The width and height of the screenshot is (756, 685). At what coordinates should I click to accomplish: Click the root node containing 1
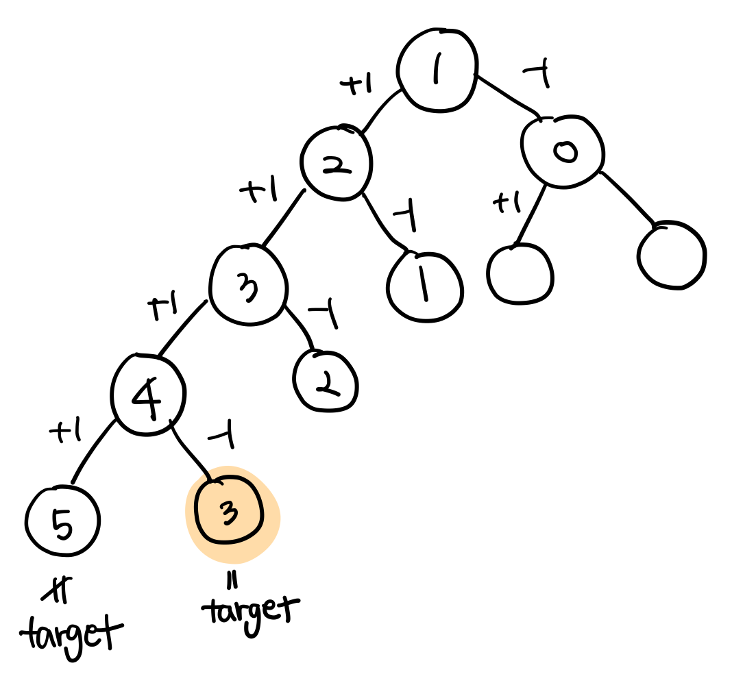coord(437,71)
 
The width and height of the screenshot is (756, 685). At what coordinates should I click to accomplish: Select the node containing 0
coord(563,152)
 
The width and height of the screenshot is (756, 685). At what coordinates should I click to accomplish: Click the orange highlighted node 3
coord(230,512)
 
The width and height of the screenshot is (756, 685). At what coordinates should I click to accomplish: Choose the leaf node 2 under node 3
coord(326,381)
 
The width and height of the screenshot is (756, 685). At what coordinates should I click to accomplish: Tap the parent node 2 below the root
coord(336,163)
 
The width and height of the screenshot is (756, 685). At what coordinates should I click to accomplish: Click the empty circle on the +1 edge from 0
coord(520,273)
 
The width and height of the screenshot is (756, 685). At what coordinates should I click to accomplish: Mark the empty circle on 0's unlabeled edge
coord(671,254)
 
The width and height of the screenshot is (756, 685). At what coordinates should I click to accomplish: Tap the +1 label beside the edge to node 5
coord(65,432)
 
